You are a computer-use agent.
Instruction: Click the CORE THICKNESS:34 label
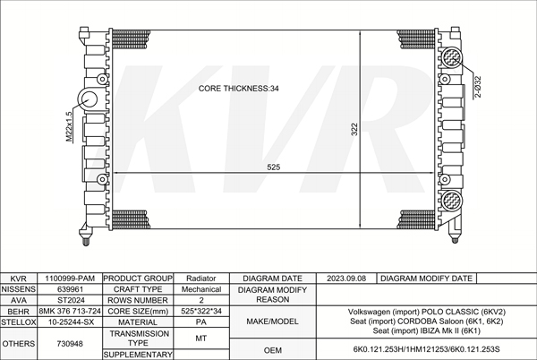pos(239,89)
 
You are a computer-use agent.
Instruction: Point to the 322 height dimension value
pos(354,128)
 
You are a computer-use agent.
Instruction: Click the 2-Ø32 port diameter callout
pos(478,87)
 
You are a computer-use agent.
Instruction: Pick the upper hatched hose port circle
pos(452,57)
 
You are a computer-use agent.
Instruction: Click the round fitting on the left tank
pos(91,99)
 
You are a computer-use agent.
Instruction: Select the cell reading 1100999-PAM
pos(70,279)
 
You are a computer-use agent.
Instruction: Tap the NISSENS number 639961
pos(70,290)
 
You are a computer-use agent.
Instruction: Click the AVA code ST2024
pos(70,301)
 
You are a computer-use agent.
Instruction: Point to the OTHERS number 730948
pos(70,343)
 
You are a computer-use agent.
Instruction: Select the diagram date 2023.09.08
pos(347,279)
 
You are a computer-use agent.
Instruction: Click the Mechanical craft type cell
pos(201,290)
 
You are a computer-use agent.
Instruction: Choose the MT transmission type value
pos(201,339)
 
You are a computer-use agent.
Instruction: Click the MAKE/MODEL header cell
pos(273,321)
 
